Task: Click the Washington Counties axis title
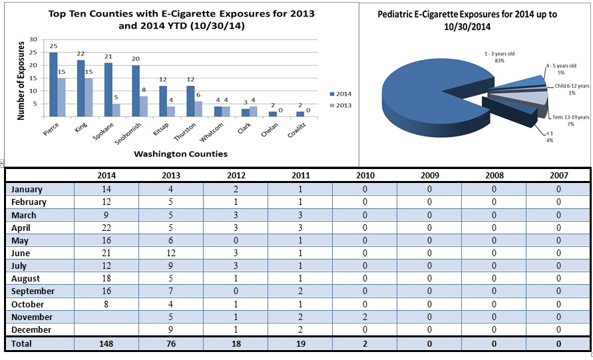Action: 180,154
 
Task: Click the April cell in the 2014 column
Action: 106,228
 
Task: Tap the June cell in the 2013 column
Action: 171,253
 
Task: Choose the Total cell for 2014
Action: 106,344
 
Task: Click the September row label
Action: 33,291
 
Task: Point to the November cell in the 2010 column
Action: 365,317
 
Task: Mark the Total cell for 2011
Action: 300,344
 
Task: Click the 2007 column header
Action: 558,176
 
